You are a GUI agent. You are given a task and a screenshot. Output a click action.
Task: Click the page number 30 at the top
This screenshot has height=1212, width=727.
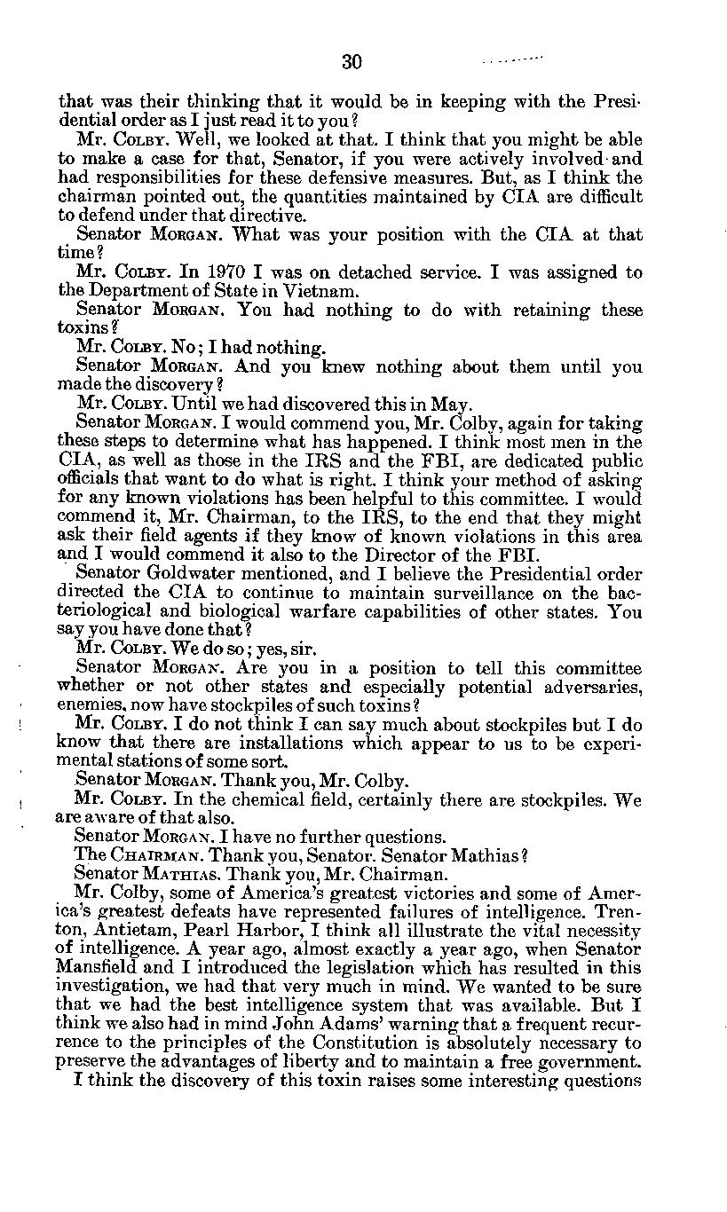point(352,61)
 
